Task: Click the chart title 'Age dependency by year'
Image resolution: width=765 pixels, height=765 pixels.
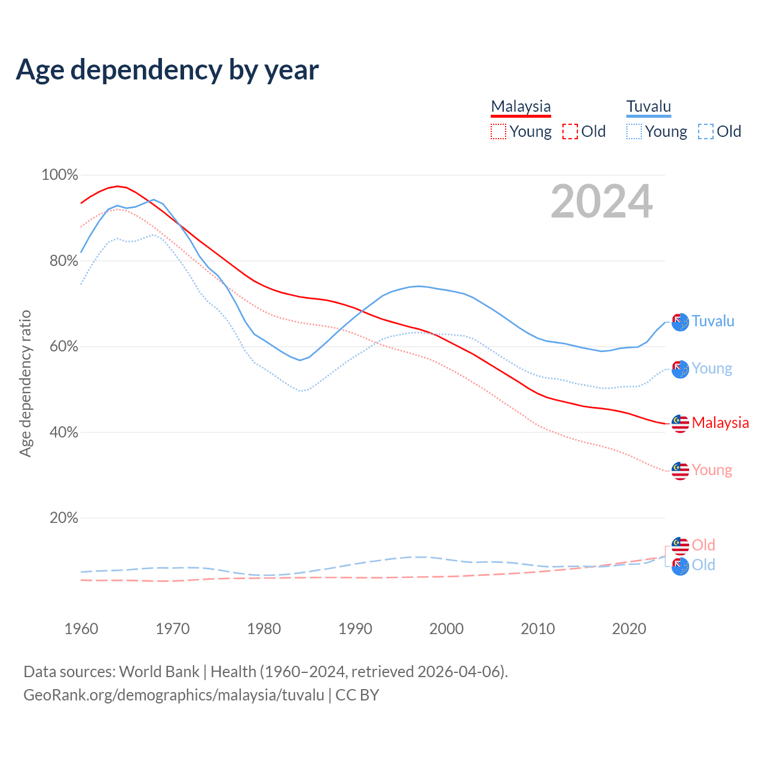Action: (167, 70)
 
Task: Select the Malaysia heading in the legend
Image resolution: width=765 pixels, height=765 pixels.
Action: (521, 107)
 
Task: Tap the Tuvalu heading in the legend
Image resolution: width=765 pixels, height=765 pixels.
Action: (648, 107)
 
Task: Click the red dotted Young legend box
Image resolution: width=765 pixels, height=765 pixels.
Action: (498, 131)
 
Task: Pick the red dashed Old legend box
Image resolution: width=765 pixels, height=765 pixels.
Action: (570, 131)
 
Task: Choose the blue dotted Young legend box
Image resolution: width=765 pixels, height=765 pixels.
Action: (634, 131)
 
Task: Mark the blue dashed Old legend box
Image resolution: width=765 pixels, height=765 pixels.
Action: (706, 131)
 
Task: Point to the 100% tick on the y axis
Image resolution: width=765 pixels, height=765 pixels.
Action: (60, 175)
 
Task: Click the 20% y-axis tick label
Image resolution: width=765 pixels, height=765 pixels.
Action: (63, 518)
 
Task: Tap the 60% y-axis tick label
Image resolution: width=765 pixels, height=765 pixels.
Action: (63, 347)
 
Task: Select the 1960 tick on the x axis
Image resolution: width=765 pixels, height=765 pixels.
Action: (81, 629)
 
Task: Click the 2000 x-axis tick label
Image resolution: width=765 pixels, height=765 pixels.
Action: (446, 629)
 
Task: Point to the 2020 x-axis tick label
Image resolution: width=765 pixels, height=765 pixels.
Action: (629, 629)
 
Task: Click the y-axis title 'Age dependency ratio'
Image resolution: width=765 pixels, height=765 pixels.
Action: (25, 383)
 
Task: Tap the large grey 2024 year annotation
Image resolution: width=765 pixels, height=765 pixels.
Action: (601, 202)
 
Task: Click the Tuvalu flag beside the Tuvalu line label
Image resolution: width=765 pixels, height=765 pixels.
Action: (680, 322)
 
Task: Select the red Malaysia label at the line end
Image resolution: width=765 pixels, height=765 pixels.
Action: (720, 423)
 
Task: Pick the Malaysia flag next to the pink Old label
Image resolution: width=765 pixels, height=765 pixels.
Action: (680, 546)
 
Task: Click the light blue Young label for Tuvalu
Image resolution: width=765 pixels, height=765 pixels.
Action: (712, 369)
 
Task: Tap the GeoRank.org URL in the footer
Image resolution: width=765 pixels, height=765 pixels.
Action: (174, 695)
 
